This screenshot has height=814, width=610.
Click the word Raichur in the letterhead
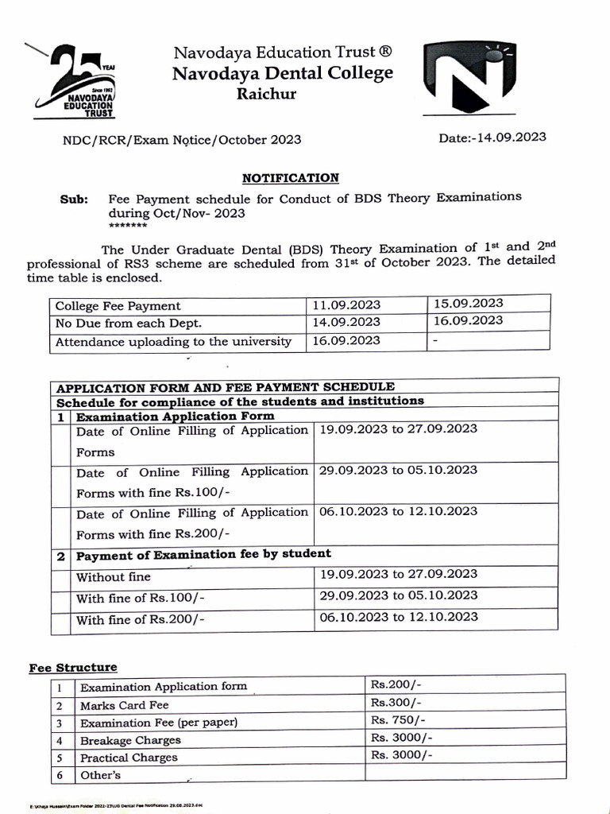(266, 95)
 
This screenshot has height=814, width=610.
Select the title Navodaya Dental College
(283, 74)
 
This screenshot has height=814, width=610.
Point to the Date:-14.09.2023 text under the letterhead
(492, 137)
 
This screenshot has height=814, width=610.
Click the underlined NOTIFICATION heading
(290, 178)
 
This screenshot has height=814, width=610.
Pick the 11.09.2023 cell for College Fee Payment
(347, 305)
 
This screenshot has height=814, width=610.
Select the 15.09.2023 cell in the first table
(468, 304)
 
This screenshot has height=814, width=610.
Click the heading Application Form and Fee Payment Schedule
(225, 387)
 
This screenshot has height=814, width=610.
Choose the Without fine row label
(114, 576)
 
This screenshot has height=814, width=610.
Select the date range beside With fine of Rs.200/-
(398, 617)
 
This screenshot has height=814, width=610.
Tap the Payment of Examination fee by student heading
(204, 554)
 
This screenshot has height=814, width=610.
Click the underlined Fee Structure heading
(73, 668)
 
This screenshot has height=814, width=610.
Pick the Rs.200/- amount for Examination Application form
(396, 684)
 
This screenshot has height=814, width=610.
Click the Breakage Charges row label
(130, 740)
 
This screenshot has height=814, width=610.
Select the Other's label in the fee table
(101, 774)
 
